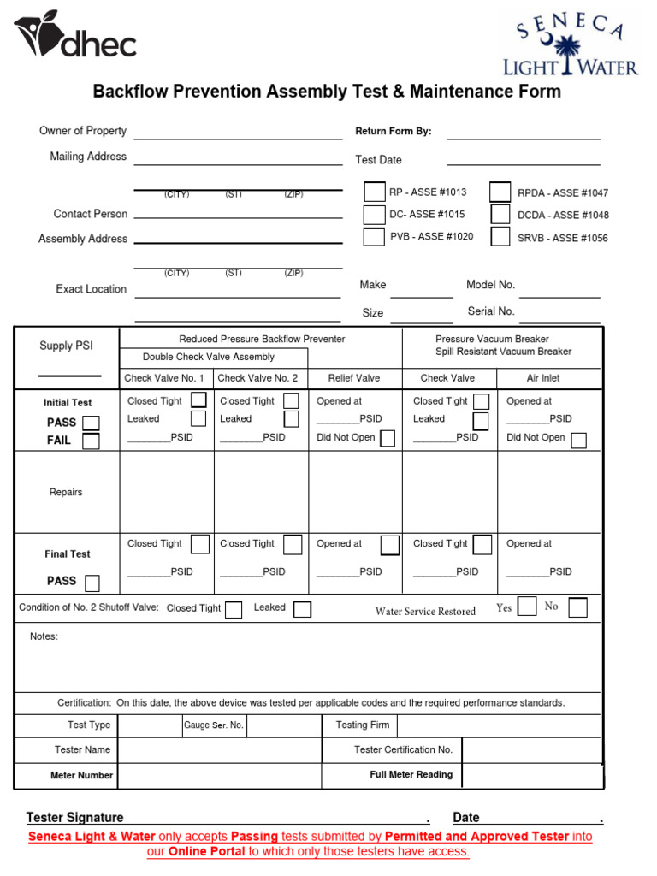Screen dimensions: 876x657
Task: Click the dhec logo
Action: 74,38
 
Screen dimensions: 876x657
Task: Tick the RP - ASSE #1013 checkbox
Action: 374,192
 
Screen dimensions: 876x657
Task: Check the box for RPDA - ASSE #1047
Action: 500,192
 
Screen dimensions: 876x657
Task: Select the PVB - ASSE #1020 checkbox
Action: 374,237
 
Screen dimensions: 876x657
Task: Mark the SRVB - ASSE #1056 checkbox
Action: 500,237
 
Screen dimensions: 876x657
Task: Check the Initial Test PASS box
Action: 90,423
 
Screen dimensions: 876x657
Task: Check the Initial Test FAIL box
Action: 90,441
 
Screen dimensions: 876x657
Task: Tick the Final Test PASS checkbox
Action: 91,583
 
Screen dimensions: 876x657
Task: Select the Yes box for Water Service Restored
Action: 527,607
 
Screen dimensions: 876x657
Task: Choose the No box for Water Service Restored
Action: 578,607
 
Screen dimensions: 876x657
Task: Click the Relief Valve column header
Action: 354,378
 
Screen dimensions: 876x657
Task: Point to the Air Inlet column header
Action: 543,378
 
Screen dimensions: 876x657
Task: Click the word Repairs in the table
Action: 66,493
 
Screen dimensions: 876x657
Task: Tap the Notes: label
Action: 44,636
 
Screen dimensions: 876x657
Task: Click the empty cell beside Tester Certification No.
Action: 532,750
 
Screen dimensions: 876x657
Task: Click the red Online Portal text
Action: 206,852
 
